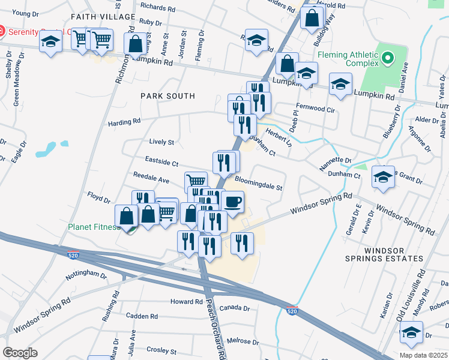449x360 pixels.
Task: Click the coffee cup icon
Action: click(232, 202)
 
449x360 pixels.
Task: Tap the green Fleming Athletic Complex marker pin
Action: click(388, 59)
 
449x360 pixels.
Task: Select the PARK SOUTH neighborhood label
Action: click(168, 96)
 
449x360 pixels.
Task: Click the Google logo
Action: click(20, 353)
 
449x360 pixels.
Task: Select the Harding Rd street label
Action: click(124, 122)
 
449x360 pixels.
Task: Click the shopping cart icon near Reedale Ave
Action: click(196, 181)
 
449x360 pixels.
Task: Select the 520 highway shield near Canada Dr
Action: click(292, 311)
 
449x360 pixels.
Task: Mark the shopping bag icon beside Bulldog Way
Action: click(312, 18)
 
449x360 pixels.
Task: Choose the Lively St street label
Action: click(161, 142)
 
